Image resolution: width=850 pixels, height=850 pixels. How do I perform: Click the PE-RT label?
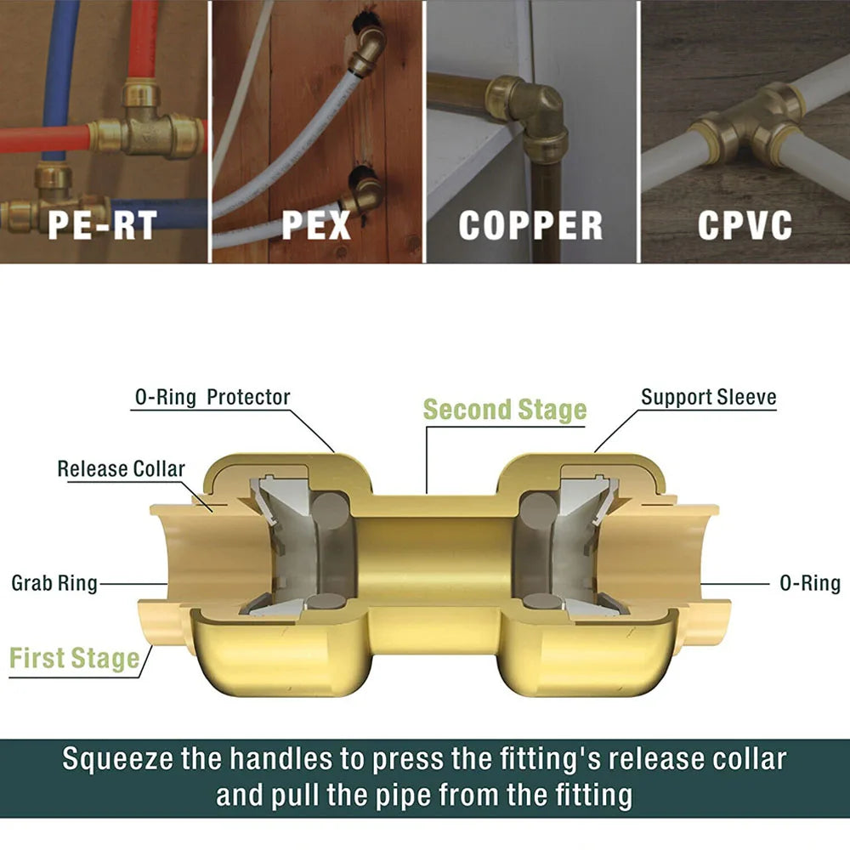click(x=102, y=224)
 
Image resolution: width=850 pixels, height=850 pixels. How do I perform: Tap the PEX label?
click(x=316, y=224)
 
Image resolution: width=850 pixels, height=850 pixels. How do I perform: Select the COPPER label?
click(x=531, y=224)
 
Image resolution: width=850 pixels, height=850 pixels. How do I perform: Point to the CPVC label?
click(x=745, y=224)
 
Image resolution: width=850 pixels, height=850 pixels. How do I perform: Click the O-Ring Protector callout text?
click(x=212, y=397)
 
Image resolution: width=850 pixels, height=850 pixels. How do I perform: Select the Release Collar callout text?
click(x=121, y=468)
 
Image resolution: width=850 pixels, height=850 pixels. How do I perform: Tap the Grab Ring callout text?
click(x=54, y=583)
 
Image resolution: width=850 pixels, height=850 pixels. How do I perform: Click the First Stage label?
click(x=74, y=659)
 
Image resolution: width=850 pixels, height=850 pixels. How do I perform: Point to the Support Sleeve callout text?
click(x=708, y=397)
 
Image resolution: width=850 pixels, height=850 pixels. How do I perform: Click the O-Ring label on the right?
click(x=809, y=583)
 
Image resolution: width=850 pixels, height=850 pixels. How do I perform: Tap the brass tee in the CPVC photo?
click(x=748, y=119)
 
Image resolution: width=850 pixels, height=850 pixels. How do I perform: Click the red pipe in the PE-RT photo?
click(x=51, y=137)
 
